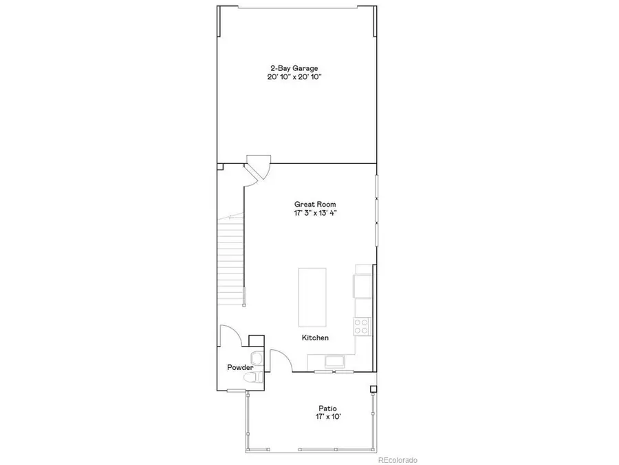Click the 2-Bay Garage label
tap(294, 68)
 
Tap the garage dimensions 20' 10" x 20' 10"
tap(294, 78)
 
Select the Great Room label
tap(315, 204)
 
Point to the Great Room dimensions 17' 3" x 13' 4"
tap(315, 214)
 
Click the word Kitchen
tap(315, 338)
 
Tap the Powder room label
tap(240, 368)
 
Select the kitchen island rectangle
tap(312, 298)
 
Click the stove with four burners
tap(362, 325)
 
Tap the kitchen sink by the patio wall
tap(335, 362)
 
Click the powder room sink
tap(257, 358)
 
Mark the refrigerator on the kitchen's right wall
tap(362, 285)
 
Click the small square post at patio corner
tap(373, 389)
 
